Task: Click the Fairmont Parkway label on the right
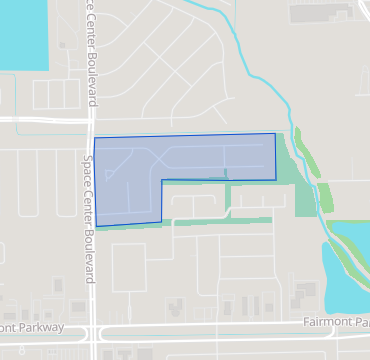pos(335,322)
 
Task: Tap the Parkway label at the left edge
pos(30,327)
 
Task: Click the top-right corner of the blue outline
pos(275,133)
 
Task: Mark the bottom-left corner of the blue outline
pos(96,227)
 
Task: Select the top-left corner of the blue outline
pos(94,138)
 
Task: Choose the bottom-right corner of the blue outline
pos(275,180)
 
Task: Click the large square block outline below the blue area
pos(135,267)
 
